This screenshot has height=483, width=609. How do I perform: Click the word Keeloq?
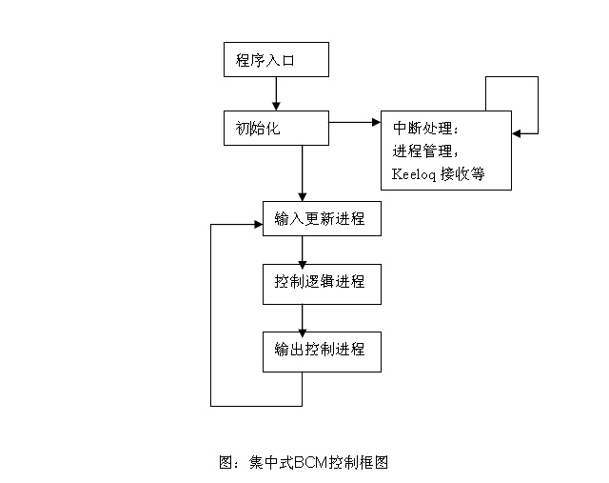click(414, 174)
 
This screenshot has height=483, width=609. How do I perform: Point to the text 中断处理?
click(422, 128)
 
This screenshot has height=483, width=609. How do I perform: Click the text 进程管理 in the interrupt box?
click(422, 151)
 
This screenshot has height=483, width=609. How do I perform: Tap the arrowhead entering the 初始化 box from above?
click(276, 106)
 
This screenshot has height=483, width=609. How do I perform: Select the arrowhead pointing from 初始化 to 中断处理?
click(377, 123)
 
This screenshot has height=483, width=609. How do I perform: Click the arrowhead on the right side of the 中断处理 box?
click(516, 133)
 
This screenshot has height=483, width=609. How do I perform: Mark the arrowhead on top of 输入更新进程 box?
click(303, 197)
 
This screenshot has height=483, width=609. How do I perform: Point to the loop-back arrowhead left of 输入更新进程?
click(258, 225)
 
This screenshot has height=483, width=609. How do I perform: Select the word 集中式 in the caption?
click(271, 462)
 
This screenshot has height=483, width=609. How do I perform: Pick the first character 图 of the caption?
click(226, 462)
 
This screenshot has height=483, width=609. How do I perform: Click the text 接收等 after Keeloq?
click(462, 173)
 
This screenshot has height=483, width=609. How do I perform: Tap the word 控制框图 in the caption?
click(359, 462)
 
